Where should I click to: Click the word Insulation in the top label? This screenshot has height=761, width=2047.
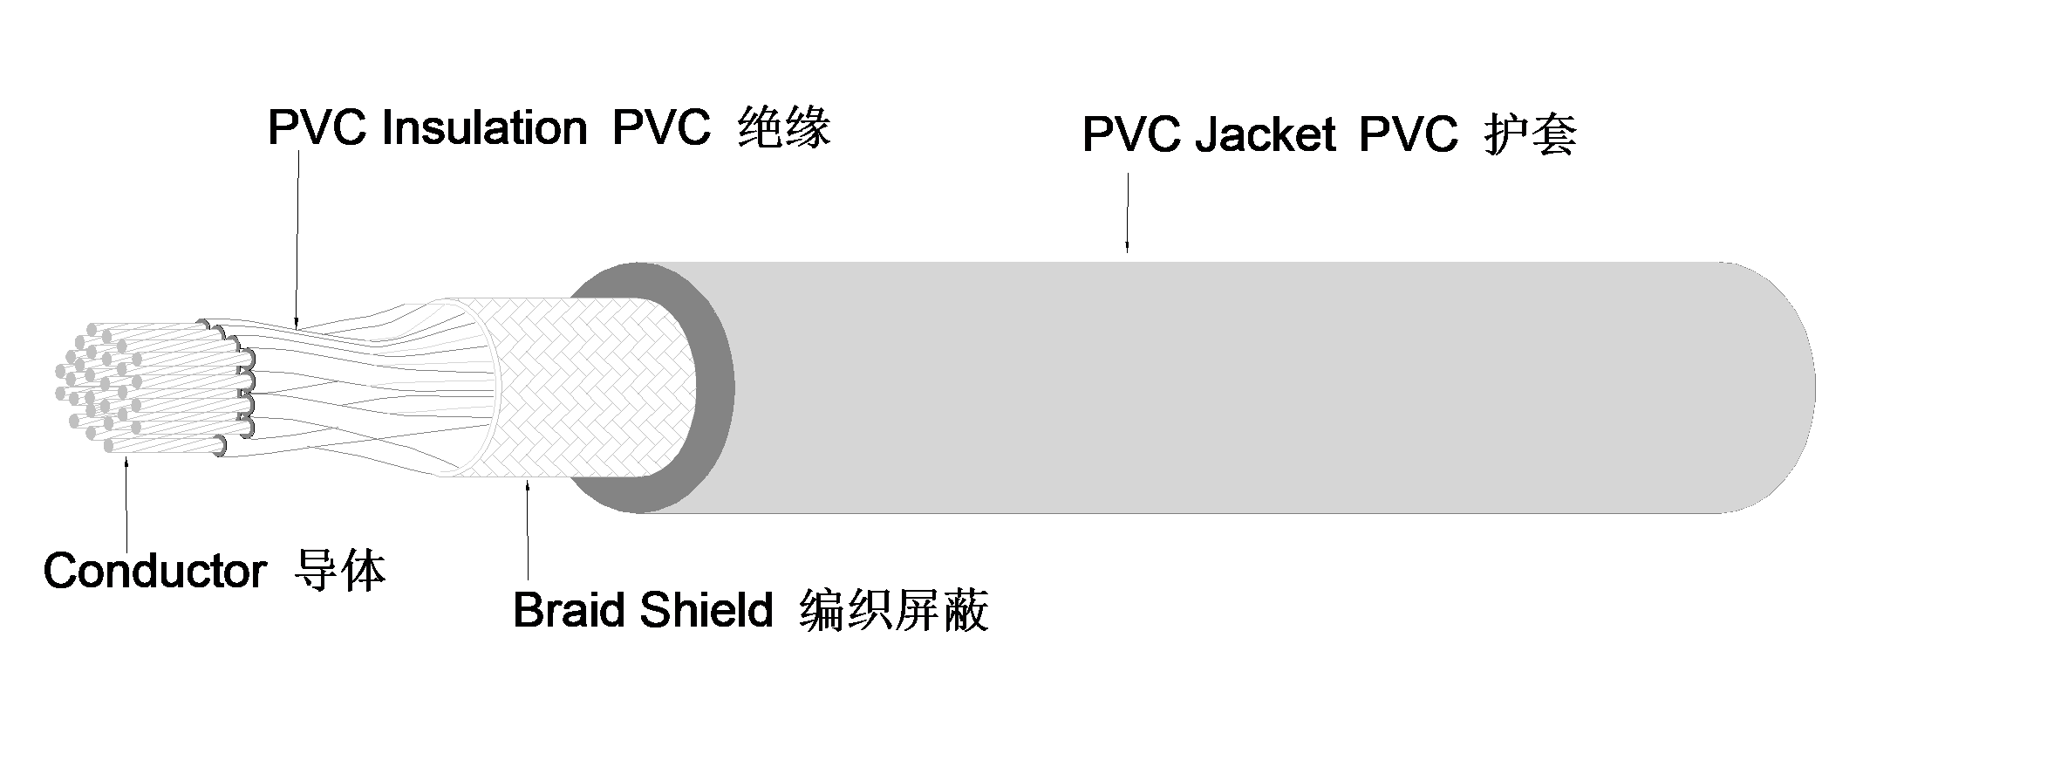[x=484, y=129]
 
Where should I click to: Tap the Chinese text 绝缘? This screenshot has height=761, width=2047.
[x=782, y=129]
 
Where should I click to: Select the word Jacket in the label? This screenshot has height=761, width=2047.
[x=1264, y=135]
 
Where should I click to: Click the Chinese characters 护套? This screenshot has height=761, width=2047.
[x=1530, y=135]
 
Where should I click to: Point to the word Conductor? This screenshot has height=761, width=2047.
[x=154, y=572]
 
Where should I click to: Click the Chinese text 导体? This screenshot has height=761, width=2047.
[x=340, y=572]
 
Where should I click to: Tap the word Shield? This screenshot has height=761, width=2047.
[x=706, y=610]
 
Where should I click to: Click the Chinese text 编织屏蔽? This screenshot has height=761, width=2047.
[x=893, y=610]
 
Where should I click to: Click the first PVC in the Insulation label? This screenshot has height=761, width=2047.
[x=318, y=129]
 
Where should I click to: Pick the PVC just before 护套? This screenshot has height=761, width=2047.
[x=1408, y=135]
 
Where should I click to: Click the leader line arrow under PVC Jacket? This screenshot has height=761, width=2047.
[x=1127, y=214]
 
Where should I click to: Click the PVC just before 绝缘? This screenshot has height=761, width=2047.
[x=661, y=129]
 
